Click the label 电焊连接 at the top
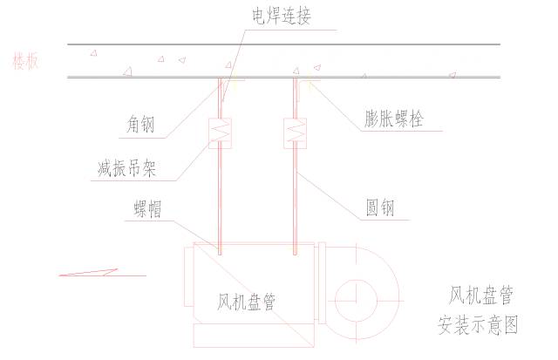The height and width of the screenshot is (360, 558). tap(280, 17)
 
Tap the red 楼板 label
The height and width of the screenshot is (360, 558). tap(25, 61)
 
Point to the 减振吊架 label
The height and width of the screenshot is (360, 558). tap(126, 168)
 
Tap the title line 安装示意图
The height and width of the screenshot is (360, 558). tap(478, 326)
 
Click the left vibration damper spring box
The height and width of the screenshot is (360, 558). tap(219, 133)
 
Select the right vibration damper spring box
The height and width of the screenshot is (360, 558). tap(296, 133)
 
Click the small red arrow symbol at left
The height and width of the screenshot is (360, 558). tap(87, 273)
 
